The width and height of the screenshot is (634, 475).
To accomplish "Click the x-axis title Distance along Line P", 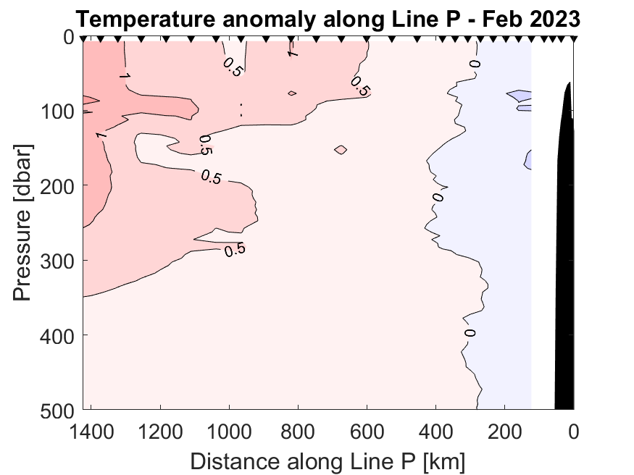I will click(328, 461).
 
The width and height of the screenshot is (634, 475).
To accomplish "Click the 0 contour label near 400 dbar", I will click(470, 333).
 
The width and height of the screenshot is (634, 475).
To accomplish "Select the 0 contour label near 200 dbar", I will click(437, 196).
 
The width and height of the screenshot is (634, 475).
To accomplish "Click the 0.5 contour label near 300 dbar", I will click(235, 251).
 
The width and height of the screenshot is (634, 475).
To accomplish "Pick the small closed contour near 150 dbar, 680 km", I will click(341, 150).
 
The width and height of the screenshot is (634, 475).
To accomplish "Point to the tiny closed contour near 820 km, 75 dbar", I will click(292, 93).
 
